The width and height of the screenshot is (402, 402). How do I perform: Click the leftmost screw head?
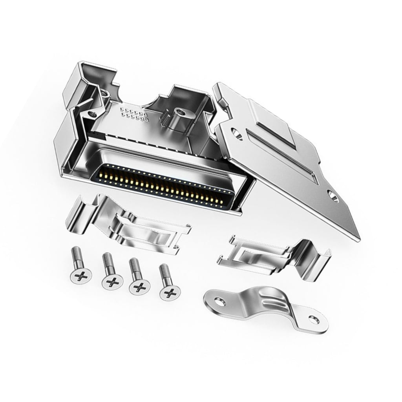(81, 277)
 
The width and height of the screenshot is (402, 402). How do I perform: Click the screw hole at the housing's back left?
(93, 114)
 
